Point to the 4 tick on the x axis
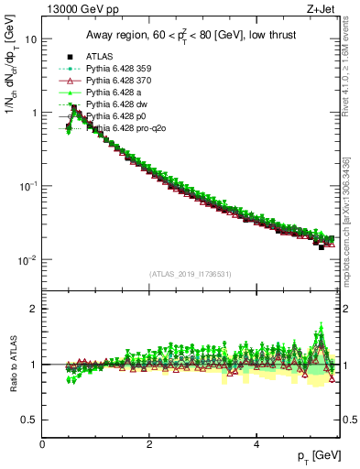point(256,443)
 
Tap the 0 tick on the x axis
point(43,443)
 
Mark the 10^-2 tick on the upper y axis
point(28,260)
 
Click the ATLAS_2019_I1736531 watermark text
point(191,274)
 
